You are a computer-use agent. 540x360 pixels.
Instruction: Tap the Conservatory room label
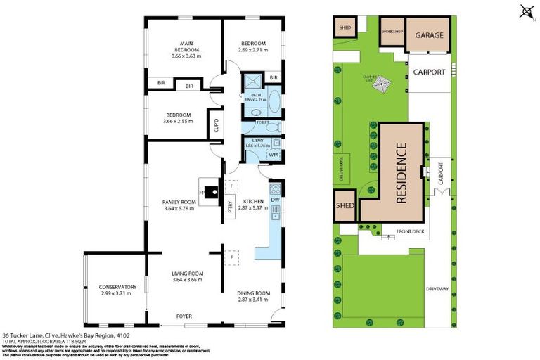117,287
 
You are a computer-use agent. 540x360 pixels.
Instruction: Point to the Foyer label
183,316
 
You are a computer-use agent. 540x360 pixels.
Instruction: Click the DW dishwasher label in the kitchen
274,200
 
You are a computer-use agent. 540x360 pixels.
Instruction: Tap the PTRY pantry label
230,208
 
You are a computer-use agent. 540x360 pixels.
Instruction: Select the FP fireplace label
202,191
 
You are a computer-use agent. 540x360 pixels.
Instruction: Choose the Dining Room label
253,293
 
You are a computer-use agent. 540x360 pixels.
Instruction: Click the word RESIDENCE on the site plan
401,173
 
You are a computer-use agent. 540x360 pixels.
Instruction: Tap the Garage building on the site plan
428,35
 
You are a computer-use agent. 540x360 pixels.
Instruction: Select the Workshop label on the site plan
392,32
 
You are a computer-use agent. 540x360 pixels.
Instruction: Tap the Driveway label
437,289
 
